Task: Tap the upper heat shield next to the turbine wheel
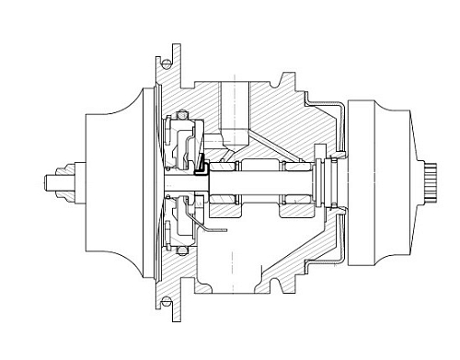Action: pos(340,120)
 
